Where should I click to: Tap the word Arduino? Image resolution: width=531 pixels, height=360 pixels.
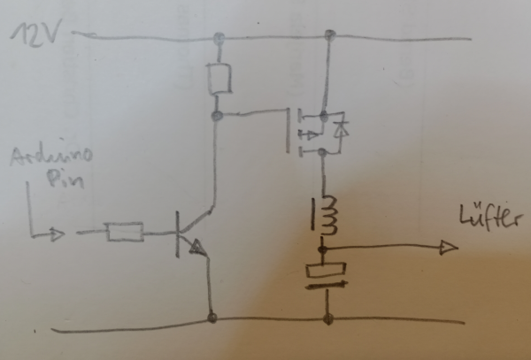click(x=51, y=159)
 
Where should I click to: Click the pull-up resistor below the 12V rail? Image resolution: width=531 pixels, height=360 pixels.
click(x=217, y=80)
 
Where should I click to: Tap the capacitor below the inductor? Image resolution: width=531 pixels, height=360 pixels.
click(x=326, y=275)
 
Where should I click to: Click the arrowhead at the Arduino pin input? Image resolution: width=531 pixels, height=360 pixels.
click(x=57, y=235)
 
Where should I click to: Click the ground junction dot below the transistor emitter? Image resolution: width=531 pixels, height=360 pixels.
click(x=212, y=316)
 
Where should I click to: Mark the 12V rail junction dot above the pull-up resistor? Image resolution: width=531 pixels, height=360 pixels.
click(x=217, y=40)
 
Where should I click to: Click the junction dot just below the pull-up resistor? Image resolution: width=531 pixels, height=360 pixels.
click(x=216, y=115)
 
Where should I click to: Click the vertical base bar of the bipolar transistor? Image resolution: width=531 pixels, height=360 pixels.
click(x=179, y=234)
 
